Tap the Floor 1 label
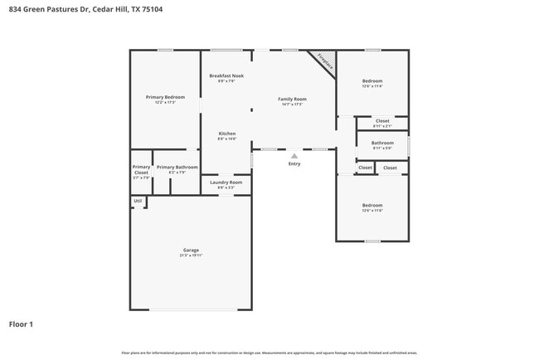(21, 324)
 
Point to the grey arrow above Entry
(294, 155)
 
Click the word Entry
(294, 163)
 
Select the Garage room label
(191, 250)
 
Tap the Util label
(138, 201)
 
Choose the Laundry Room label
(226, 182)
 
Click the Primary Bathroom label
(177, 167)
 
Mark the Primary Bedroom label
(165, 97)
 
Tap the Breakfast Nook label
(226, 75)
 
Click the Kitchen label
(227, 134)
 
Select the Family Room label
(292, 99)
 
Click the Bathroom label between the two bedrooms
(382, 143)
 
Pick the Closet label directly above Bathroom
(382, 121)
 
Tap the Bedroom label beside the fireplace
(371, 80)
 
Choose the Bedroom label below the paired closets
(371, 205)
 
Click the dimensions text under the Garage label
(191, 255)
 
